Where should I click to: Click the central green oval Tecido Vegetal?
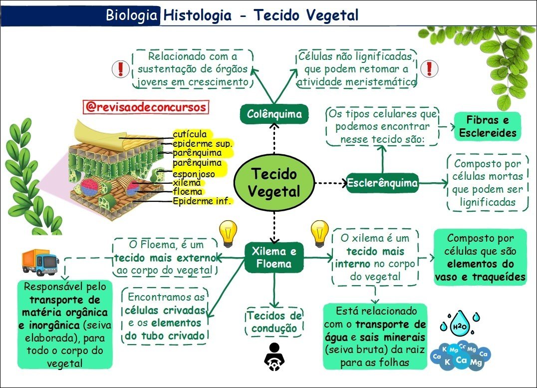tap(274, 182)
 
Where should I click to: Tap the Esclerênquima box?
tap(382, 183)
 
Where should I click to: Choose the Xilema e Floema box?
tap(273, 257)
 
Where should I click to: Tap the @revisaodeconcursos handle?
tap(145, 107)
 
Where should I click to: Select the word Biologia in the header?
tap(132, 15)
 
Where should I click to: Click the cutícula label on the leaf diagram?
tap(190, 134)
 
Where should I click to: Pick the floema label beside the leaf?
tap(188, 192)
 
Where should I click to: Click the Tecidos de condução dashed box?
tap(273, 322)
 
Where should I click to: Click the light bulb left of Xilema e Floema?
tap(227, 234)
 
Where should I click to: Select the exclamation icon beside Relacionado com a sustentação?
tap(120, 69)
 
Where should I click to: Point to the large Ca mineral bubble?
tap(461, 360)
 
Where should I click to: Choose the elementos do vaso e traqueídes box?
tap(480, 257)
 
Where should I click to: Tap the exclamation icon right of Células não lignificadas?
tap(429, 69)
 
